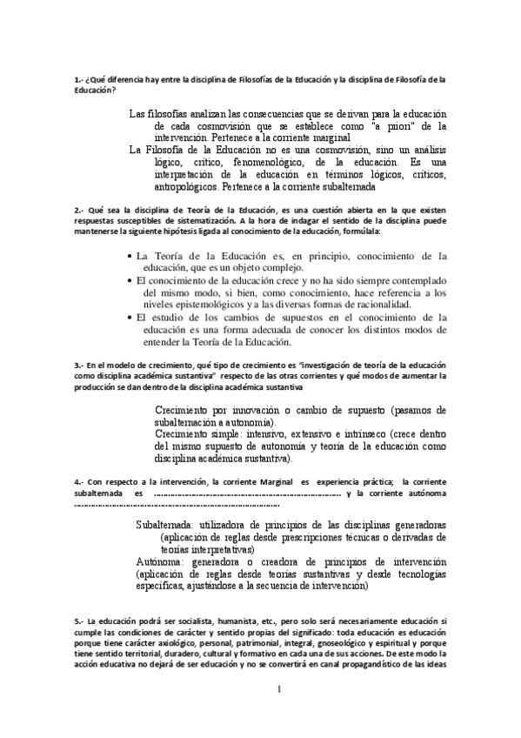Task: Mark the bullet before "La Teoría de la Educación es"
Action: [x=130, y=257]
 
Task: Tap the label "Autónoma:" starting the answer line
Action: [x=162, y=561]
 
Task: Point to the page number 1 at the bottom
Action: [x=280, y=690]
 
